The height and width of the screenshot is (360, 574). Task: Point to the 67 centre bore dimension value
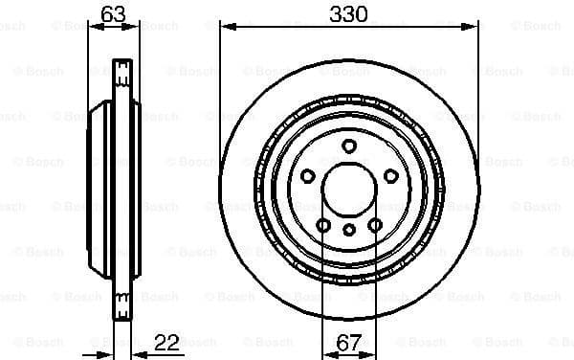tap(349, 342)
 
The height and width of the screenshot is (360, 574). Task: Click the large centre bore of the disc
tap(349, 189)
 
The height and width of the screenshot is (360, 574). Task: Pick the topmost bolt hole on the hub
tap(349, 146)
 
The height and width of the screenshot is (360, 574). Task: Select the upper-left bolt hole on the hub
tap(308, 175)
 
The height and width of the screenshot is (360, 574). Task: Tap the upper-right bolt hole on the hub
tap(390, 175)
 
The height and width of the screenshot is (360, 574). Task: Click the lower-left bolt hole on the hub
tap(324, 224)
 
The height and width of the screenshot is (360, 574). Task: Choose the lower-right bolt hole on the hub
tap(375, 224)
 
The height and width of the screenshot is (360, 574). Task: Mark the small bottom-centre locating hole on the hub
tap(349, 229)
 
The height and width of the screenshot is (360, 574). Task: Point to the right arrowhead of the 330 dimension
tap(474, 27)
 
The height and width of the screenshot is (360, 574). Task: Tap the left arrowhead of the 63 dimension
tap(93, 27)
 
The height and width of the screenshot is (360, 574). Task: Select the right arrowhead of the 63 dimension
tap(135, 27)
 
